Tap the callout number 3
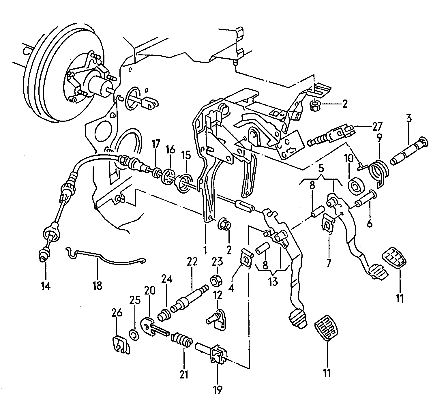pyautogui.click(x=409, y=118)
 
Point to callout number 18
pyautogui.click(x=98, y=286)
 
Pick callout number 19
pyautogui.click(x=218, y=390)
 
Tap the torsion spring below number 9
pyautogui.click(x=379, y=171)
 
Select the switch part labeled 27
pyautogui.click(x=330, y=136)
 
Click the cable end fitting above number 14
pyautogui.click(x=44, y=254)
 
